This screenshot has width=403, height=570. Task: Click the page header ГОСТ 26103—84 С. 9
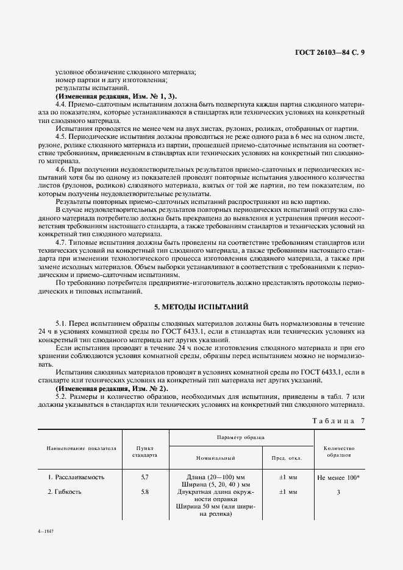coord(329,52)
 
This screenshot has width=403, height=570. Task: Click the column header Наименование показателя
coord(82,448)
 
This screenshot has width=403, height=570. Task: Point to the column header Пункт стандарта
coord(145,451)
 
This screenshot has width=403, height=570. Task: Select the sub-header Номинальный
coord(216,457)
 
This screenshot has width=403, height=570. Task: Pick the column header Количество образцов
coord(338,451)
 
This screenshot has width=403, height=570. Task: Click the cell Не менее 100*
coord(338,477)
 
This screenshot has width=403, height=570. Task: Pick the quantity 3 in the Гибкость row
coord(338,491)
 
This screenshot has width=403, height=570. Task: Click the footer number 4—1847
coord(46,532)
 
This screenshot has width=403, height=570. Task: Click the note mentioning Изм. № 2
coord(111,388)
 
